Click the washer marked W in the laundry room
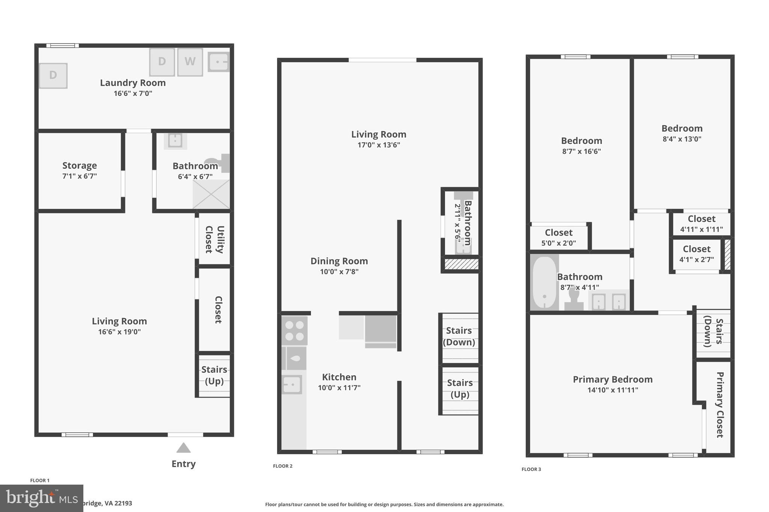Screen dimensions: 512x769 190,62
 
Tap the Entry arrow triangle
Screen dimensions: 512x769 184,448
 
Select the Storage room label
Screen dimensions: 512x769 80,165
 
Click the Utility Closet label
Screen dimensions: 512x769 214,240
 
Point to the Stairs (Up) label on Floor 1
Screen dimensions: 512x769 214,375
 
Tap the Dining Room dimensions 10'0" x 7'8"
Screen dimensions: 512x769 339,272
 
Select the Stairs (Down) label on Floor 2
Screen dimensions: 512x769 459,336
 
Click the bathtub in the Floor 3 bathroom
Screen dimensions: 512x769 544,283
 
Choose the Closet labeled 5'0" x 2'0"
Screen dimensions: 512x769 559,237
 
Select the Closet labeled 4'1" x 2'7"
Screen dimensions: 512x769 697,254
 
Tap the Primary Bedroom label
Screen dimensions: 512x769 612,380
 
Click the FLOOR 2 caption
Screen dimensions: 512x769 282,466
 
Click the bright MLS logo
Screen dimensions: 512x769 42,498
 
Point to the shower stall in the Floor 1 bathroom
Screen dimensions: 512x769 211,194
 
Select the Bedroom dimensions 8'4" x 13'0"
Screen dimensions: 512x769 682,139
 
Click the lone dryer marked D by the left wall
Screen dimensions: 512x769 53,75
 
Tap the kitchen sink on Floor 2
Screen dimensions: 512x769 292,384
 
